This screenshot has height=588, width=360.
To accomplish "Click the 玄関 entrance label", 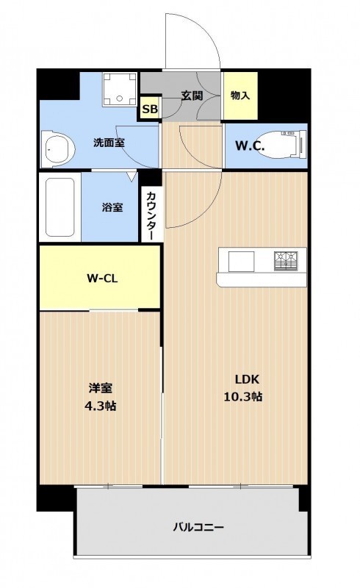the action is (192, 96).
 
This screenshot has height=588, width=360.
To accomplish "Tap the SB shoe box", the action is (150, 109).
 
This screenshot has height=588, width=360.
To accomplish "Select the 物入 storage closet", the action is (240, 96).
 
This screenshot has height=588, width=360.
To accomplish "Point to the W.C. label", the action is (250, 146).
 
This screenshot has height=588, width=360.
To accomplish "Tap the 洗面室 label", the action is (109, 143).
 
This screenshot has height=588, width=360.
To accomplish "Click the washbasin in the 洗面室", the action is (57, 148).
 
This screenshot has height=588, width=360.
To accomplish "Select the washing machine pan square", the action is (120, 89).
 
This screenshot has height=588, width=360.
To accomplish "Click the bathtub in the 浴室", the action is (60, 207).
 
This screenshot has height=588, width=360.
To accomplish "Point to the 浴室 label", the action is (112, 207).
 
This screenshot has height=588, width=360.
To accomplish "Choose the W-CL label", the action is (102, 279).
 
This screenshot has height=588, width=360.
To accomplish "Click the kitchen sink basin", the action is (241, 261).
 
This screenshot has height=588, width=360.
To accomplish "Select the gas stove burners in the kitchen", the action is (286, 261).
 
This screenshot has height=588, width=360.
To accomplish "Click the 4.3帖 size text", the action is (100, 406).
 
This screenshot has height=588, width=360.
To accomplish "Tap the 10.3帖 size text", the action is (243, 396).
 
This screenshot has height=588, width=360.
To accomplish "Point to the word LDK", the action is (247, 379).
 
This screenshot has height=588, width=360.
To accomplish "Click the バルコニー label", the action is (199, 527).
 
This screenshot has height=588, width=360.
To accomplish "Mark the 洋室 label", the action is (101, 388).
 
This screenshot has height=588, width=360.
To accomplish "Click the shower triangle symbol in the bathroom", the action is (132, 176).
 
